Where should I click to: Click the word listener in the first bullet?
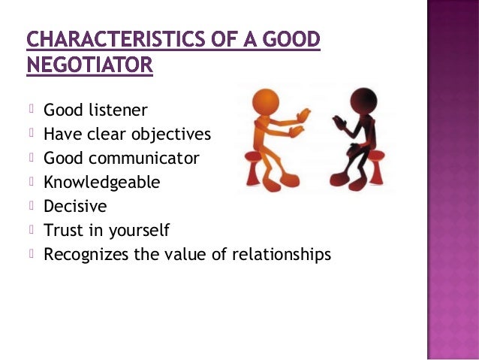116,111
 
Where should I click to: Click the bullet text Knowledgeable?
102,183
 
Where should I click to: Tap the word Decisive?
75,206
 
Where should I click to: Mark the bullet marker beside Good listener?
33,111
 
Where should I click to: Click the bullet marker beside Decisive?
33,206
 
